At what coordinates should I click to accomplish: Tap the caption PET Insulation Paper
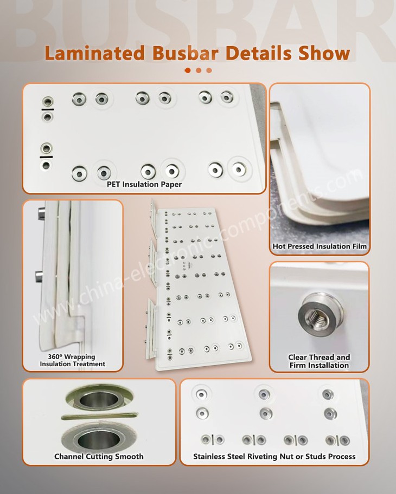pyautogui.click(x=144, y=185)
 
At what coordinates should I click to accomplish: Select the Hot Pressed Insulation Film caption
pyautogui.click(x=320, y=246)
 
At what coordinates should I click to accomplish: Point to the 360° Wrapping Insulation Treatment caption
pyautogui.click(x=72, y=360)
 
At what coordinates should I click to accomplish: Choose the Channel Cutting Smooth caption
pyautogui.click(x=99, y=456)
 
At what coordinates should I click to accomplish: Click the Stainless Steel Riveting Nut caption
pyautogui.click(x=274, y=457)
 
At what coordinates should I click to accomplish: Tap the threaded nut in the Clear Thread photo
pyautogui.click(x=312, y=315)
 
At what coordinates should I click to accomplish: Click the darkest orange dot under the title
pyautogui.click(x=188, y=70)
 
